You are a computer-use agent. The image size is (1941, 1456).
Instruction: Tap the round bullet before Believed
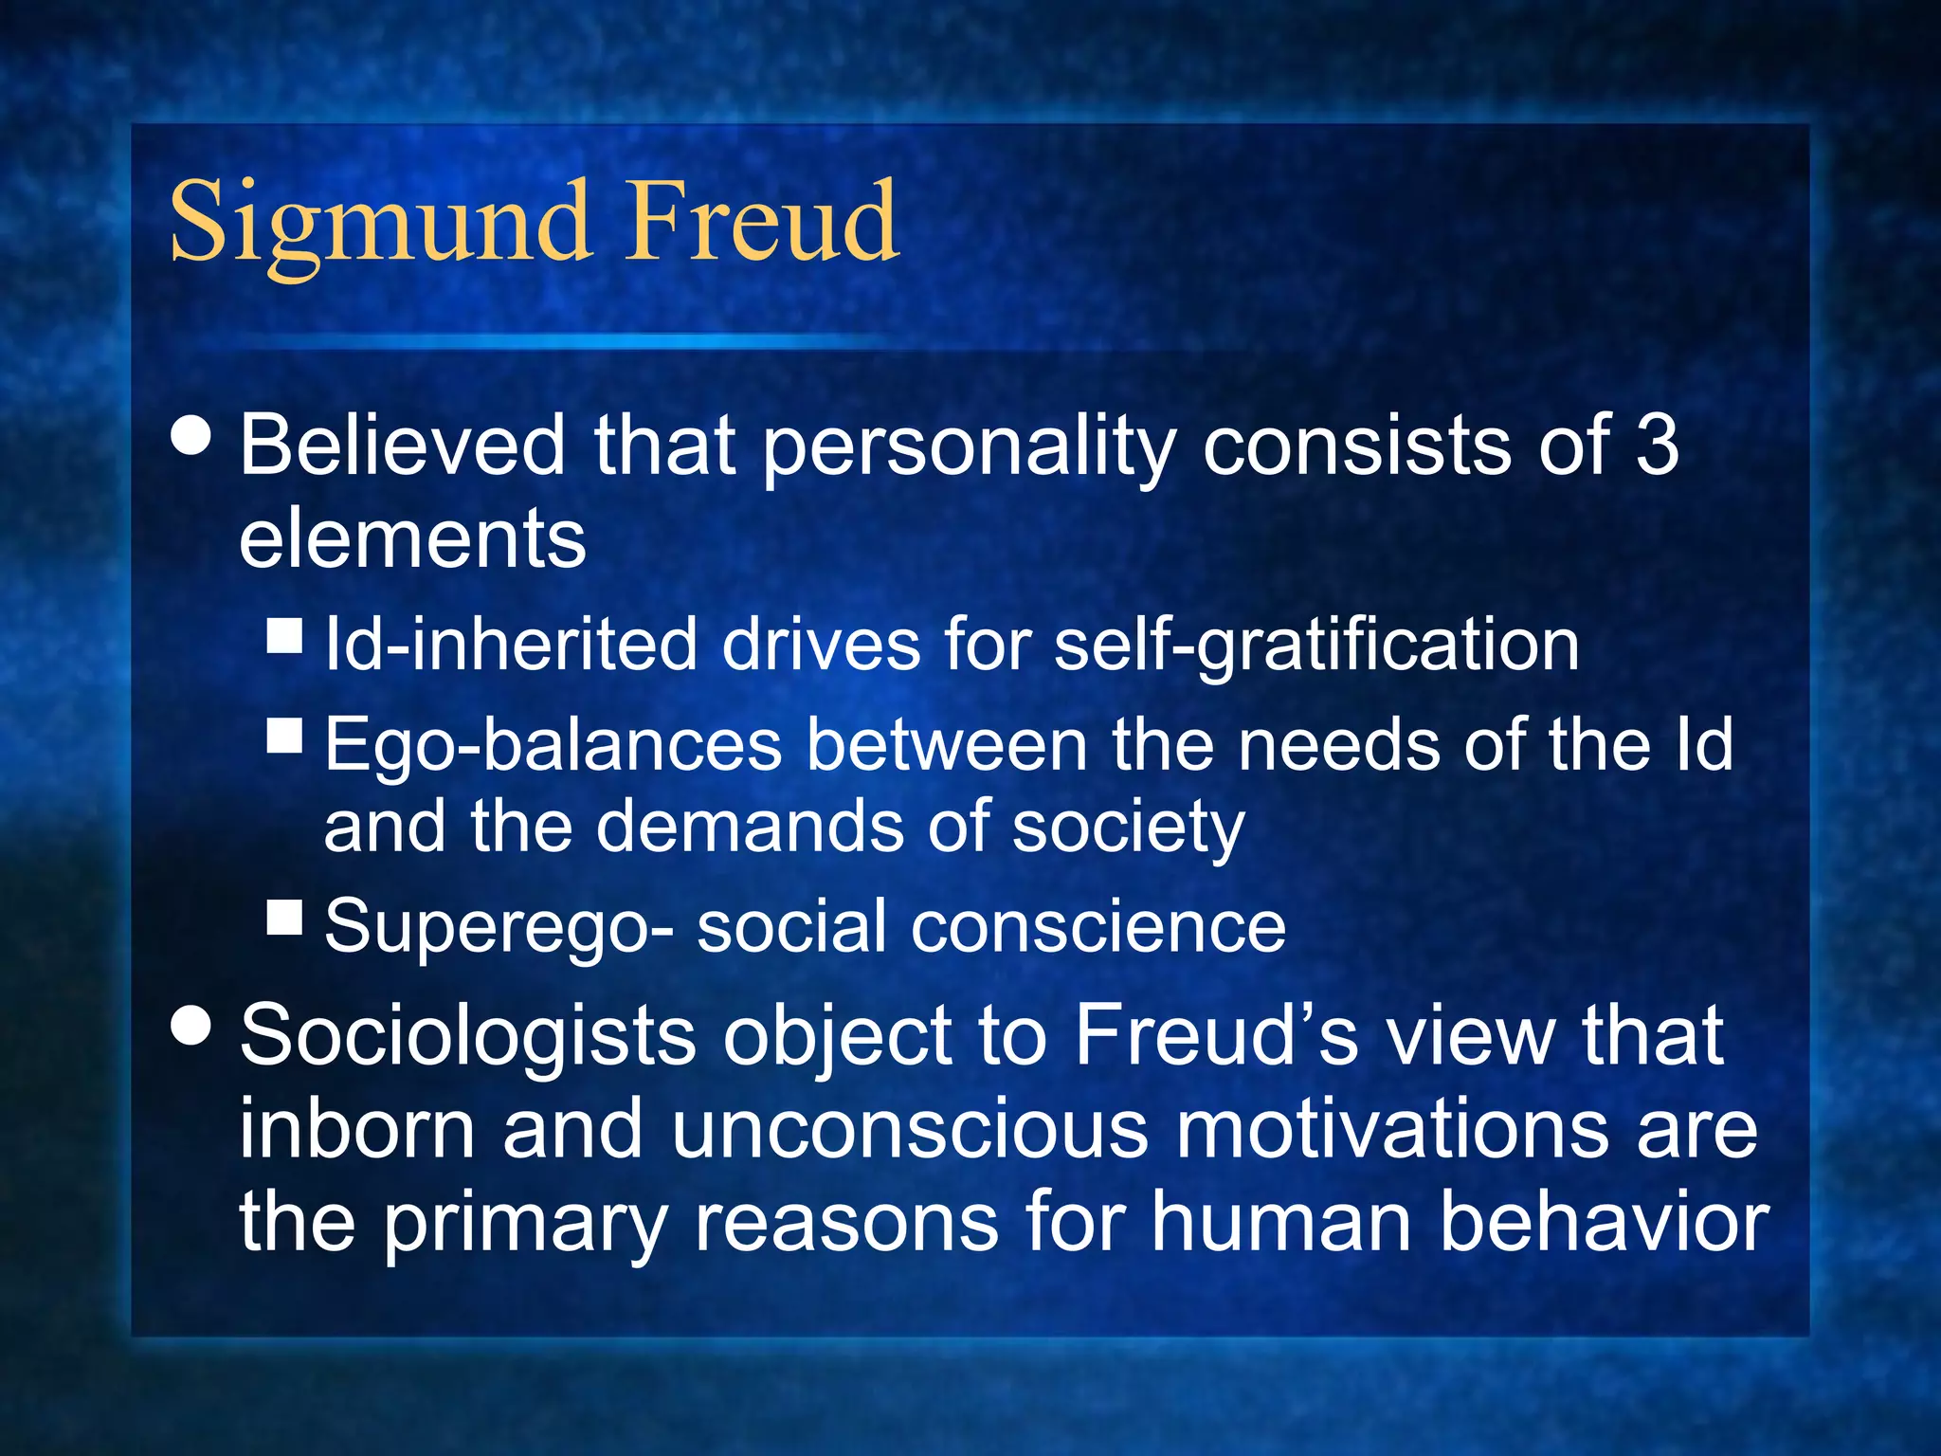click(x=192, y=437)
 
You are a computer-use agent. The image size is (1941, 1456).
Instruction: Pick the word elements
click(x=412, y=538)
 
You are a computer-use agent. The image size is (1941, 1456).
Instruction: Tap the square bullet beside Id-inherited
click(x=284, y=636)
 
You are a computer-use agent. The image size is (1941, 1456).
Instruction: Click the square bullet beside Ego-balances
click(x=284, y=735)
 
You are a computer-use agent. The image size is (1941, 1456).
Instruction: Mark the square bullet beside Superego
click(x=284, y=918)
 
